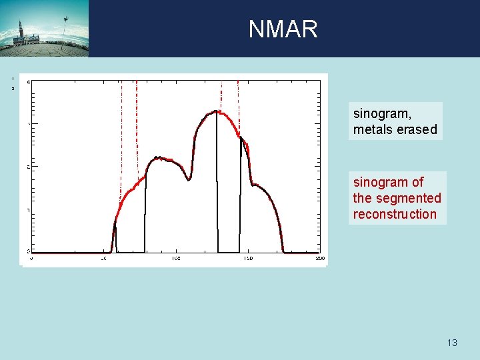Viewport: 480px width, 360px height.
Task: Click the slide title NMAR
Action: (283, 29)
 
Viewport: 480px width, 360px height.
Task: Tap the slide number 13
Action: (452, 343)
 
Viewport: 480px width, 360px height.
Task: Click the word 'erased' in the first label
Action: (417, 129)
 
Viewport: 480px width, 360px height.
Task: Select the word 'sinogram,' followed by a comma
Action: (381, 114)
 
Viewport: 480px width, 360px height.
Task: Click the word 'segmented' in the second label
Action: (409, 198)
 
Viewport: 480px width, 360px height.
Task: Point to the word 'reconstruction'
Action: (395, 214)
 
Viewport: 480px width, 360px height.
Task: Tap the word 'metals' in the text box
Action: (373, 129)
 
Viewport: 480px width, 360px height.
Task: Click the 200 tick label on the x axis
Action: (319, 258)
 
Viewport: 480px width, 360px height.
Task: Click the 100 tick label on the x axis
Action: (176, 258)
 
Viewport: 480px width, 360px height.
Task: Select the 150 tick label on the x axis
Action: (247, 258)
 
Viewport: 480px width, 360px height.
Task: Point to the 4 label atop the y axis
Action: (27, 82)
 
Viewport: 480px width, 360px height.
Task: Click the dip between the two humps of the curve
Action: (189, 179)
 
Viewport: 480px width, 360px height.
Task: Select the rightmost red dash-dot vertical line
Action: (238, 107)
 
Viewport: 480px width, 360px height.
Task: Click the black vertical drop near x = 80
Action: (145, 213)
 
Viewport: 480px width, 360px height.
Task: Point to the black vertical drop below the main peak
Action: (217, 193)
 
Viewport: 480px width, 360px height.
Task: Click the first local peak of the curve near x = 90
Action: (157, 157)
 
